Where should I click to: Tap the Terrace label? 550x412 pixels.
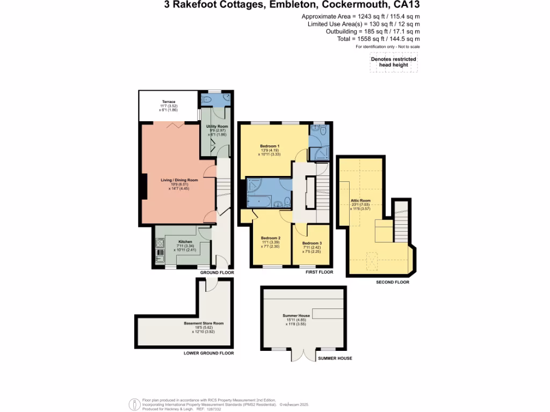(169, 102)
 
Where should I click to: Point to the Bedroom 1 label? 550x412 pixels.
(270, 146)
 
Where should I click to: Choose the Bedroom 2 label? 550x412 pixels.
(271, 238)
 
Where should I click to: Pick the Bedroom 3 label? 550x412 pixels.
(312, 244)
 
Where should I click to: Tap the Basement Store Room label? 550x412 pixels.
(204, 323)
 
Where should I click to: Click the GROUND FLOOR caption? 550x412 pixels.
(218, 273)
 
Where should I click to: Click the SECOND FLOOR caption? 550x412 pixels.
(393, 282)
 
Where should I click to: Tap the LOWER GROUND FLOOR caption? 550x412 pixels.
(209, 354)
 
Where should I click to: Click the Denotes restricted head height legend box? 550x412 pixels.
(394, 62)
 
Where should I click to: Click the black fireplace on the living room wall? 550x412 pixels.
(143, 187)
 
